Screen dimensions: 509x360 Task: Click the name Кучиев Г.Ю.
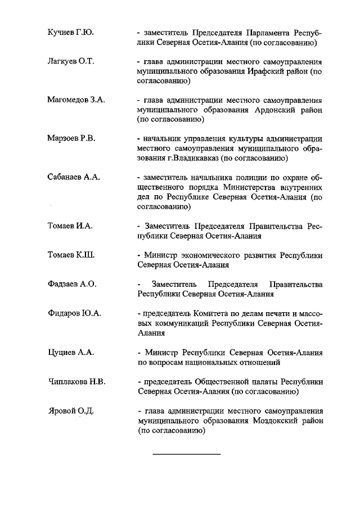click(70, 33)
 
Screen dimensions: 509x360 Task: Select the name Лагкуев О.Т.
click(70, 61)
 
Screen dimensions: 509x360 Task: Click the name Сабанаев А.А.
click(74, 177)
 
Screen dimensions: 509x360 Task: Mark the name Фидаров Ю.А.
click(74, 313)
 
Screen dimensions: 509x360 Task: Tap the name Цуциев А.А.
click(71, 353)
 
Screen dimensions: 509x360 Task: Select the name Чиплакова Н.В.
click(77, 382)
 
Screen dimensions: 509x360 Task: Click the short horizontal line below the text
click(187, 453)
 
